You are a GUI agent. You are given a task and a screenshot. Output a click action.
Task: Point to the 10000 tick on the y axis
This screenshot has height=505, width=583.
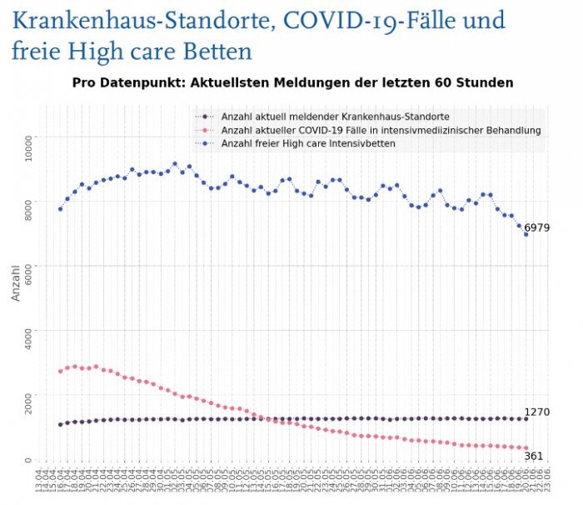27,136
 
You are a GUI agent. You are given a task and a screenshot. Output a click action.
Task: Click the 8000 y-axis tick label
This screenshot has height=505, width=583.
27,201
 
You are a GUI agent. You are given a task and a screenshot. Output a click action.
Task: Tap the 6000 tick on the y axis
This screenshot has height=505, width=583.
27,266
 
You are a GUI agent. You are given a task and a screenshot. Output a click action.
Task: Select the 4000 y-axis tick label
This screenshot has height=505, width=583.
27,330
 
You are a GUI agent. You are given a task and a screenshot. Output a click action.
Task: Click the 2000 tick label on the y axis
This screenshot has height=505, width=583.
27,395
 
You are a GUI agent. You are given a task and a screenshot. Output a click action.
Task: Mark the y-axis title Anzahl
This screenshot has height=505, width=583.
14,282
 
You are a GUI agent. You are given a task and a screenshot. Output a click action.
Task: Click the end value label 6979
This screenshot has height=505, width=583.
536,227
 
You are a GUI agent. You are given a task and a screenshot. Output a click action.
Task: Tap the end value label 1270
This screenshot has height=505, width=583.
536,412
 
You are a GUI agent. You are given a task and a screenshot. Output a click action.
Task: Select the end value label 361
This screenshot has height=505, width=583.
534,457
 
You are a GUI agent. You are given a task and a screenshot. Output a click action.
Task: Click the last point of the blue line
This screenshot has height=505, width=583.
526,234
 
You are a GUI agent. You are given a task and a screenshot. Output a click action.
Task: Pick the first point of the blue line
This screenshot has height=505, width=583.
60,208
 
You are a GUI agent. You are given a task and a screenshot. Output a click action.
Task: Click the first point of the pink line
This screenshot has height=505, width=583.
60,371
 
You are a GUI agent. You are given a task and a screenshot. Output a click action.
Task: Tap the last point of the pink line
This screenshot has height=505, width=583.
526,448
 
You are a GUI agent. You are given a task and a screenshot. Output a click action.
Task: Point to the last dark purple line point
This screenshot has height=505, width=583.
526,418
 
